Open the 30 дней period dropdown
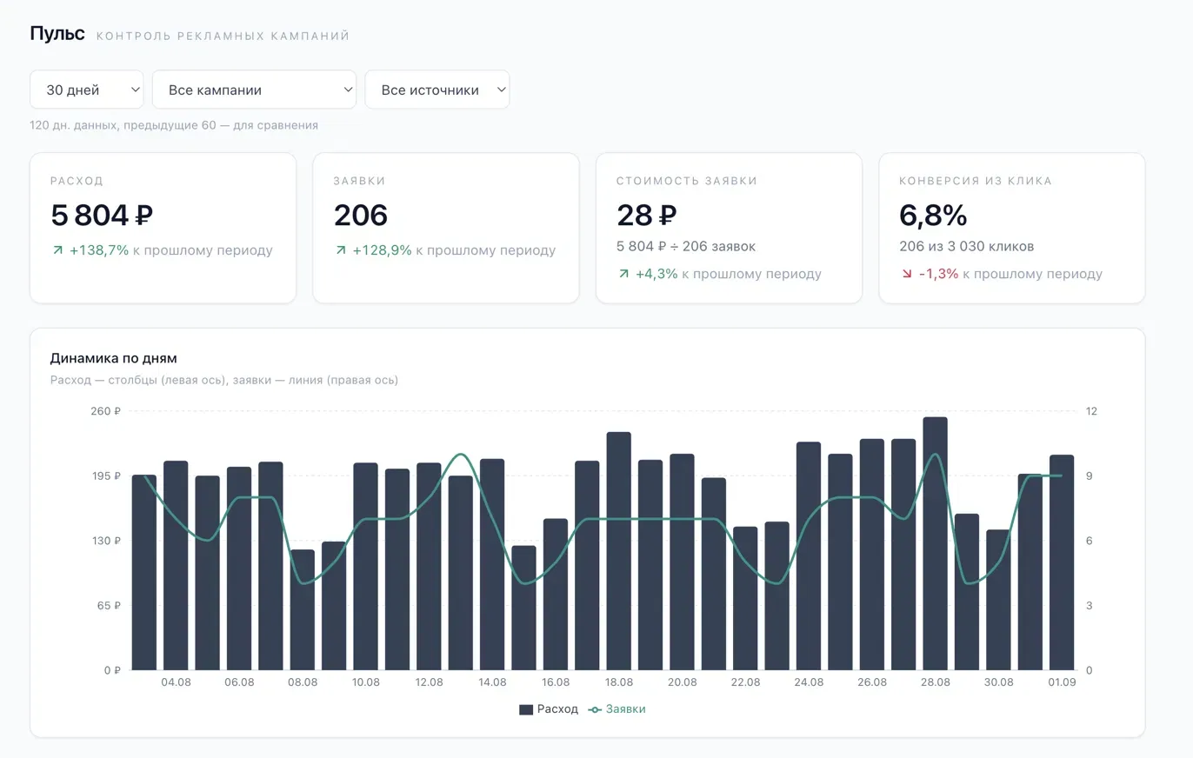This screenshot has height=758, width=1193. click(x=87, y=90)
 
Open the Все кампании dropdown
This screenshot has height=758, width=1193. click(x=254, y=90)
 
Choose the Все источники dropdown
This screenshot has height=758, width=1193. click(x=437, y=90)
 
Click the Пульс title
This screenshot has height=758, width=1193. click(x=57, y=34)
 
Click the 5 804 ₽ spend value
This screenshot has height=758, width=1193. click(x=102, y=215)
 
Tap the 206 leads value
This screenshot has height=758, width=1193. click(x=361, y=215)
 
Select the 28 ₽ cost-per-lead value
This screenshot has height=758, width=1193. click(x=647, y=215)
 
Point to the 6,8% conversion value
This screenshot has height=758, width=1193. click(x=933, y=215)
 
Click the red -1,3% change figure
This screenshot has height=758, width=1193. click(x=938, y=274)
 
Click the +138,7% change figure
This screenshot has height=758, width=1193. click(x=99, y=250)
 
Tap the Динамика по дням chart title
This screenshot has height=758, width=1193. click(x=113, y=358)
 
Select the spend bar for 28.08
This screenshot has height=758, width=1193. click(x=936, y=543)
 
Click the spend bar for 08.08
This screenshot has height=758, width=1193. click(x=303, y=610)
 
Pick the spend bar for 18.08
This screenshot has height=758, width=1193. click(x=619, y=551)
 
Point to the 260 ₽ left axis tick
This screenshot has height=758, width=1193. click(x=105, y=411)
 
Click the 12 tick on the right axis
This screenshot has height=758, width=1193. click(x=1091, y=411)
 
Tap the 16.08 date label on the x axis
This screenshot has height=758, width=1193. click(x=556, y=682)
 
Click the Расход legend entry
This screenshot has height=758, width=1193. click(x=549, y=709)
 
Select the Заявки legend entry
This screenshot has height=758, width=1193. click(x=616, y=709)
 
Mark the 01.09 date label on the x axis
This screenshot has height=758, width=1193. click(x=1062, y=682)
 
